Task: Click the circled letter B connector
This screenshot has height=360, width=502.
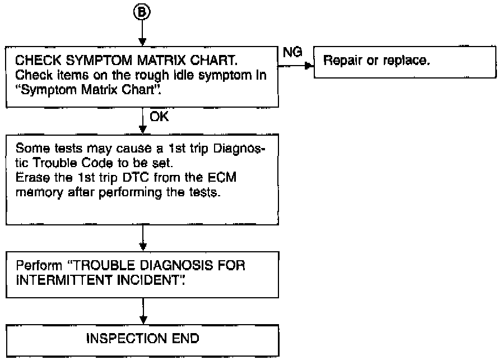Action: [142, 12]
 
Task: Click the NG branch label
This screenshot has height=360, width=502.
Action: [292, 52]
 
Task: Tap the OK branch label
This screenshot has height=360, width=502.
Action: [159, 117]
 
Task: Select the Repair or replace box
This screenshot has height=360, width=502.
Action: [405, 62]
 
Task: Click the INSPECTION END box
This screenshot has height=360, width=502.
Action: [142, 340]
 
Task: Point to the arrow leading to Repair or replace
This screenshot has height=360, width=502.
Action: [296, 66]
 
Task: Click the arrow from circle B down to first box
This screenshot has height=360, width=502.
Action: [142, 33]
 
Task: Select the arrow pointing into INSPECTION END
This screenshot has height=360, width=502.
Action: [143, 311]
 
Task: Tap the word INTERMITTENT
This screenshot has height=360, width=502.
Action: [63, 280]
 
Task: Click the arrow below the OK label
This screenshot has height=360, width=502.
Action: [143, 121]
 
